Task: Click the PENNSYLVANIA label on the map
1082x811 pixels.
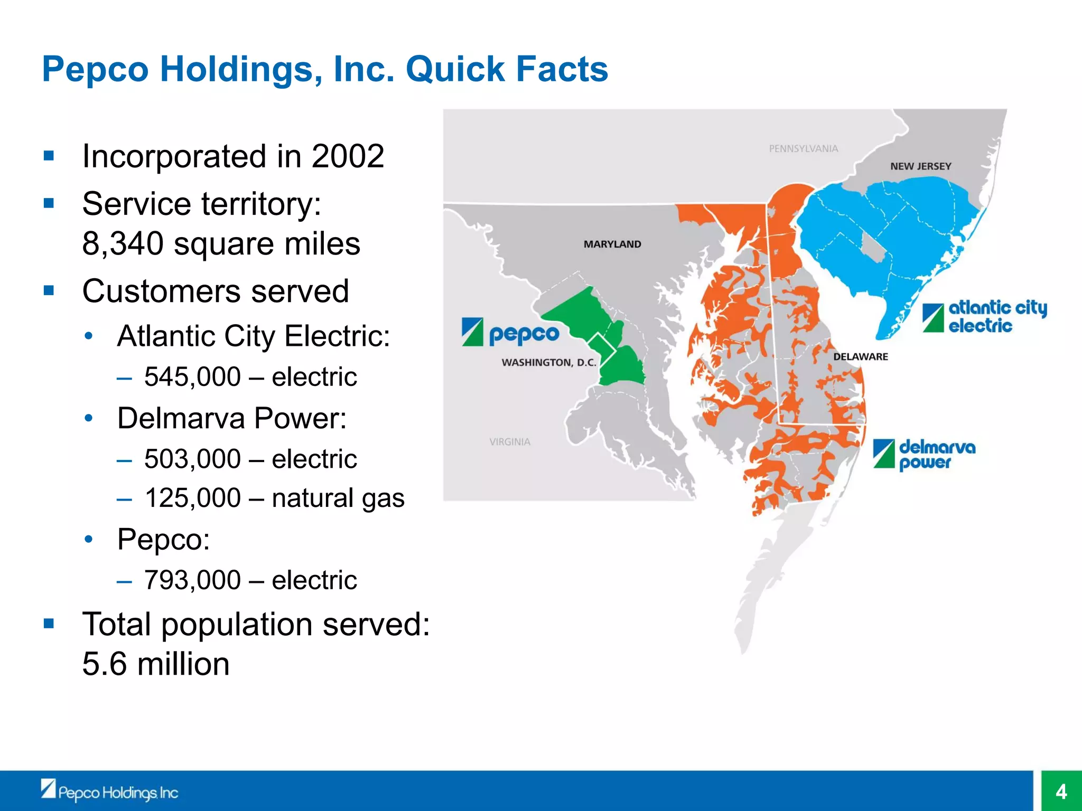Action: click(x=803, y=149)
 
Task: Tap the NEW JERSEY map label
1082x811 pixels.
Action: click(x=920, y=166)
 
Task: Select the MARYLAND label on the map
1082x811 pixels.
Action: click(x=612, y=244)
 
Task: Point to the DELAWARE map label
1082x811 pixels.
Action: click(x=860, y=357)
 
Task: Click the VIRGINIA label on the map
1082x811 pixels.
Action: click(x=509, y=442)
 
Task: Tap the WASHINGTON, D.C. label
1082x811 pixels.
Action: click(x=548, y=363)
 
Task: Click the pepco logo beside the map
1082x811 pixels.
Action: click(x=510, y=333)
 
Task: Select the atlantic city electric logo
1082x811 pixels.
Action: click(x=984, y=317)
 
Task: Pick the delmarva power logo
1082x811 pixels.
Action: click(x=924, y=454)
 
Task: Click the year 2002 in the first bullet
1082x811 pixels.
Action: click(x=348, y=156)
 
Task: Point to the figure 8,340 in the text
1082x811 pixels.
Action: click(x=123, y=244)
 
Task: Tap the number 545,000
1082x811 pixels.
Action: click(x=192, y=377)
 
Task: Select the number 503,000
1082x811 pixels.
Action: click(x=192, y=459)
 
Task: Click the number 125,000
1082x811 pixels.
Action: click(x=192, y=498)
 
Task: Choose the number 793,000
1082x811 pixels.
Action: click(x=192, y=580)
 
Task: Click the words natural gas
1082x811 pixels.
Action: click(x=338, y=498)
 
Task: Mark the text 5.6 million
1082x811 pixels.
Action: click(x=156, y=664)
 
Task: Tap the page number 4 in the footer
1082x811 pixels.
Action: click(x=1061, y=791)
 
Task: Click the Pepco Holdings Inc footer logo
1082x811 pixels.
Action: click(x=109, y=791)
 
